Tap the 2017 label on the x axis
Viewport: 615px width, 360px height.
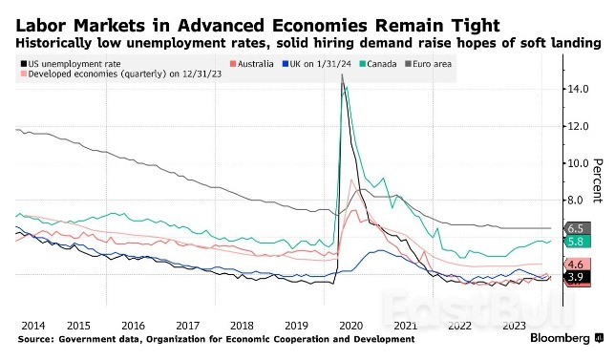click(x=187, y=325)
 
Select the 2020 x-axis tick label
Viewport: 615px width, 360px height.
click(x=352, y=325)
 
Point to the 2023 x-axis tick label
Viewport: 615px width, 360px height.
click(x=517, y=325)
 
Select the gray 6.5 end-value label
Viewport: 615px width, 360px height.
click(x=576, y=229)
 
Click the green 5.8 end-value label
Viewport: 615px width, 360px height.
click(x=576, y=243)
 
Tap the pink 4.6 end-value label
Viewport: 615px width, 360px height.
click(x=576, y=264)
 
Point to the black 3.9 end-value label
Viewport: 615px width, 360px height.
click(x=576, y=277)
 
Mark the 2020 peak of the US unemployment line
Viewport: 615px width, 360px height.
click(x=342, y=75)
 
